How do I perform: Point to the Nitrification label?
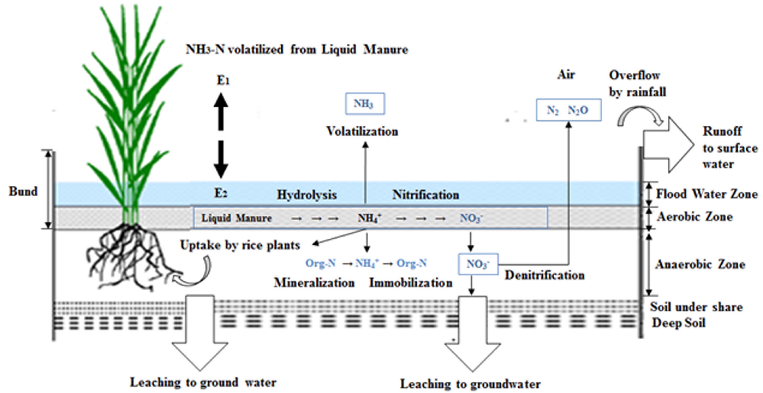(426, 195)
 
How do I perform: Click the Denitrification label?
(544, 275)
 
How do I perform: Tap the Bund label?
(23, 191)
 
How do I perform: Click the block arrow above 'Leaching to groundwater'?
(472, 335)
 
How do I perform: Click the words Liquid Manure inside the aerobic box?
(236, 218)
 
